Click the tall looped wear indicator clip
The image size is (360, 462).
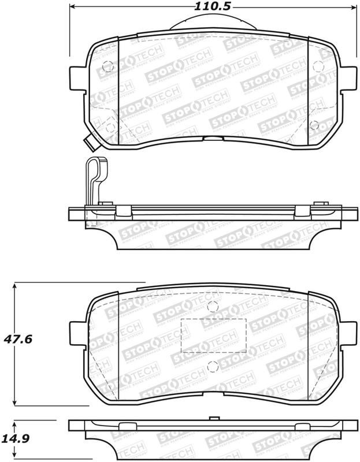(x=92, y=179)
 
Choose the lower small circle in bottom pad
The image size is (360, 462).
(x=211, y=364)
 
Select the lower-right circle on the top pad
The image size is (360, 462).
(x=314, y=124)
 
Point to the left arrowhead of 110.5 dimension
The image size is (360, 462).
(x=73, y=7)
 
